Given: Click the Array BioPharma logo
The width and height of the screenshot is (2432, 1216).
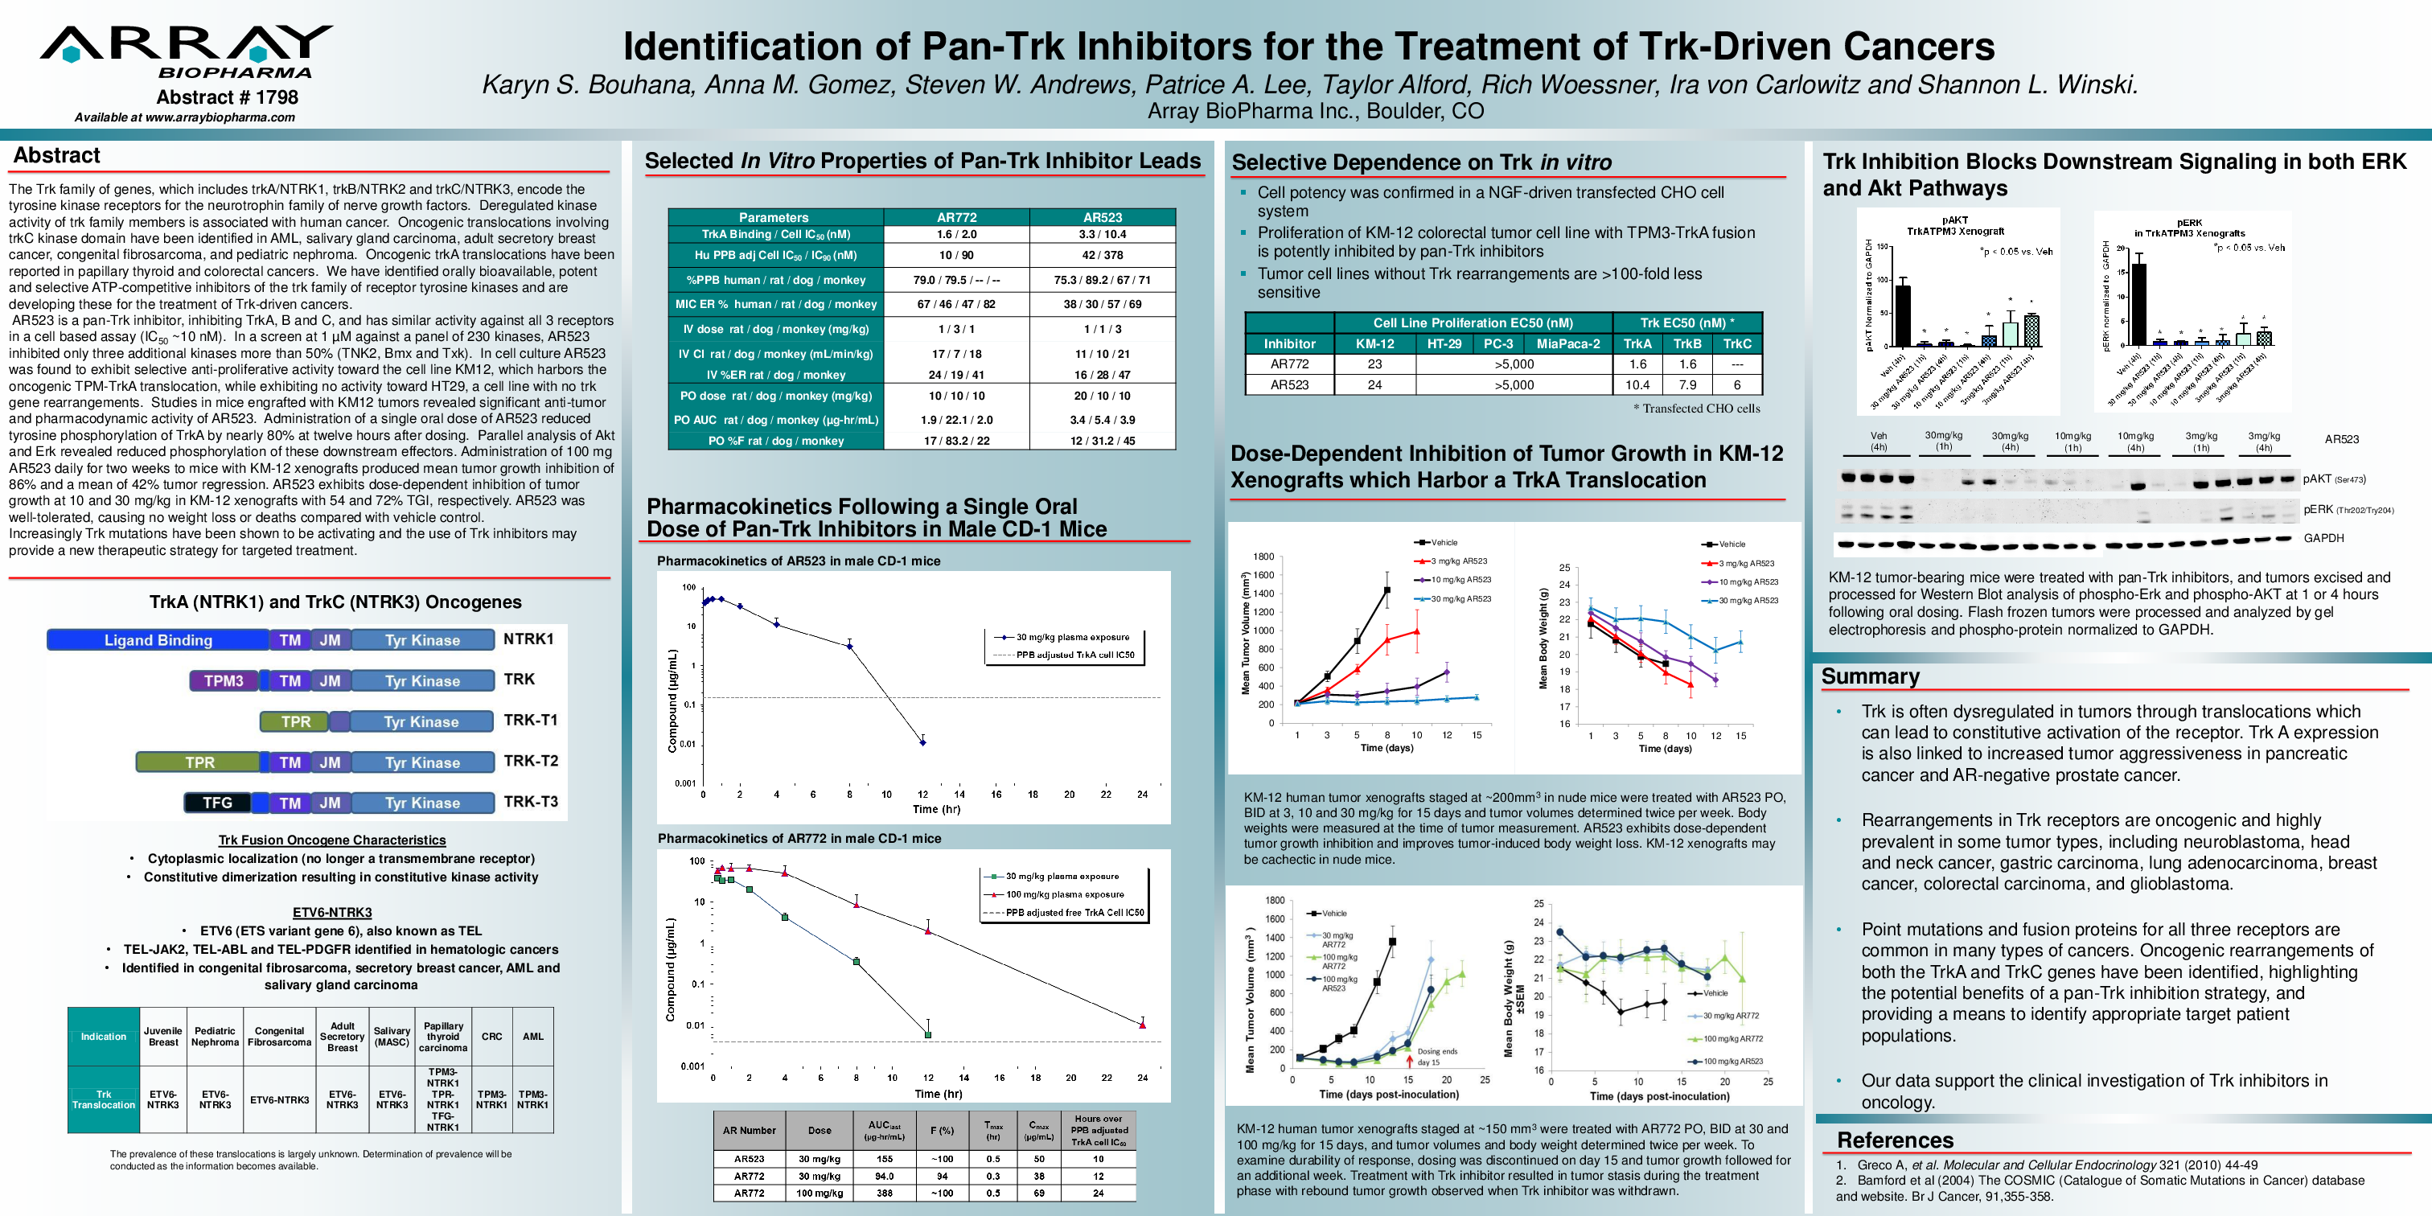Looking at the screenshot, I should click(187, 52).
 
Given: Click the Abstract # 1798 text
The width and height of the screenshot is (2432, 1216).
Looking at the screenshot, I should click(227, 97).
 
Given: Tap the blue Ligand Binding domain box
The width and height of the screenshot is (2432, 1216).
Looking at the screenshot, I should click(158, 640).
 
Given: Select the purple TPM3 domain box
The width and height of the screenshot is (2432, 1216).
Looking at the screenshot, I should click(224, 680).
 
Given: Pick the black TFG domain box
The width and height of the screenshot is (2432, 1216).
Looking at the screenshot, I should click(217, 803).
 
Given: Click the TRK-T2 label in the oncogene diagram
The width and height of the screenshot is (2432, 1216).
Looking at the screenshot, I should click(531, 761).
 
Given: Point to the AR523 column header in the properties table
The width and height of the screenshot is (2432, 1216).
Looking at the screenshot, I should click(1102, 217).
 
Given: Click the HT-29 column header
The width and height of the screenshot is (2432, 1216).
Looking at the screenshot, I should click(1444, 343).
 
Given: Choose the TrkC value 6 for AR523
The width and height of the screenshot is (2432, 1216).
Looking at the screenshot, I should click(1736, 385).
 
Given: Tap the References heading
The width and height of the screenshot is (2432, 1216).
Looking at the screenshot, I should click(1894, 1140).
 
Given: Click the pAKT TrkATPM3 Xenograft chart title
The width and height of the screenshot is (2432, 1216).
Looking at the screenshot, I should click(1954, 226).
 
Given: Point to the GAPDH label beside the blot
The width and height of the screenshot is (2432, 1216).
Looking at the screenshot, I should click(2323, 538).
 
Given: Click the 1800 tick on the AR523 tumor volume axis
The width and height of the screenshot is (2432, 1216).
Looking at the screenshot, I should click(1263, 557).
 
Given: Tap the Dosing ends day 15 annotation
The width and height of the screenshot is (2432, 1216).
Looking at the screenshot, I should click(1437, 1057).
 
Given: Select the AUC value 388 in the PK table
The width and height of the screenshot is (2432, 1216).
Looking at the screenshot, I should click(884, 1193).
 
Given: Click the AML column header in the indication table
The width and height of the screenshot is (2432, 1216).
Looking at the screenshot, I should click(532, 1036).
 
